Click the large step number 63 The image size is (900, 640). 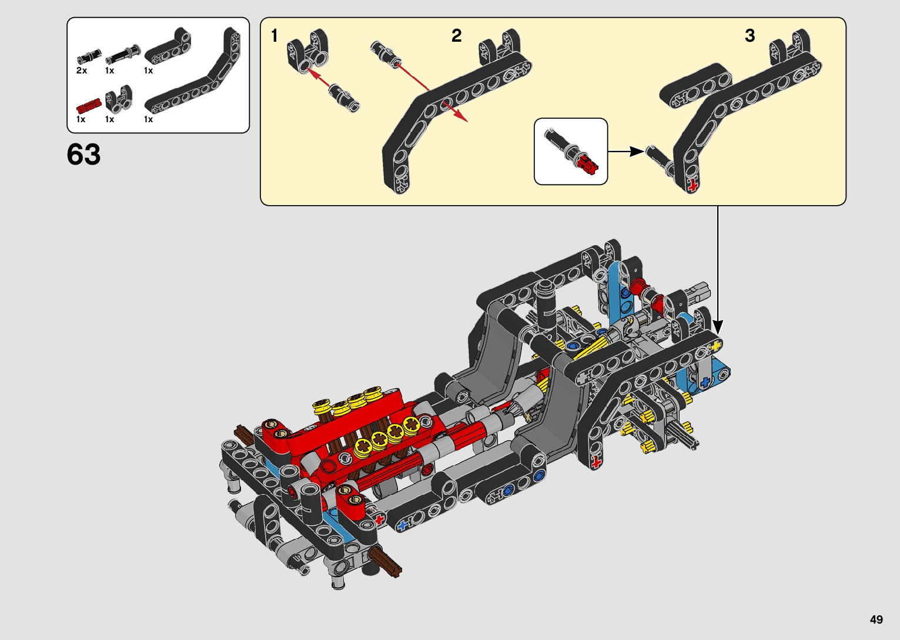click(83, 155)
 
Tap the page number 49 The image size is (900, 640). click(876, 619)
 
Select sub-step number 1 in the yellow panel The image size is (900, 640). click(275, 36)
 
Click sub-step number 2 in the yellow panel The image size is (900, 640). click(456, 36)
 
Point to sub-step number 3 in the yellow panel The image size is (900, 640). click(750, 36)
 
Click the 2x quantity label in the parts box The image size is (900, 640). click(82, 71)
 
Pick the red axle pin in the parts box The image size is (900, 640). click(88, 105)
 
